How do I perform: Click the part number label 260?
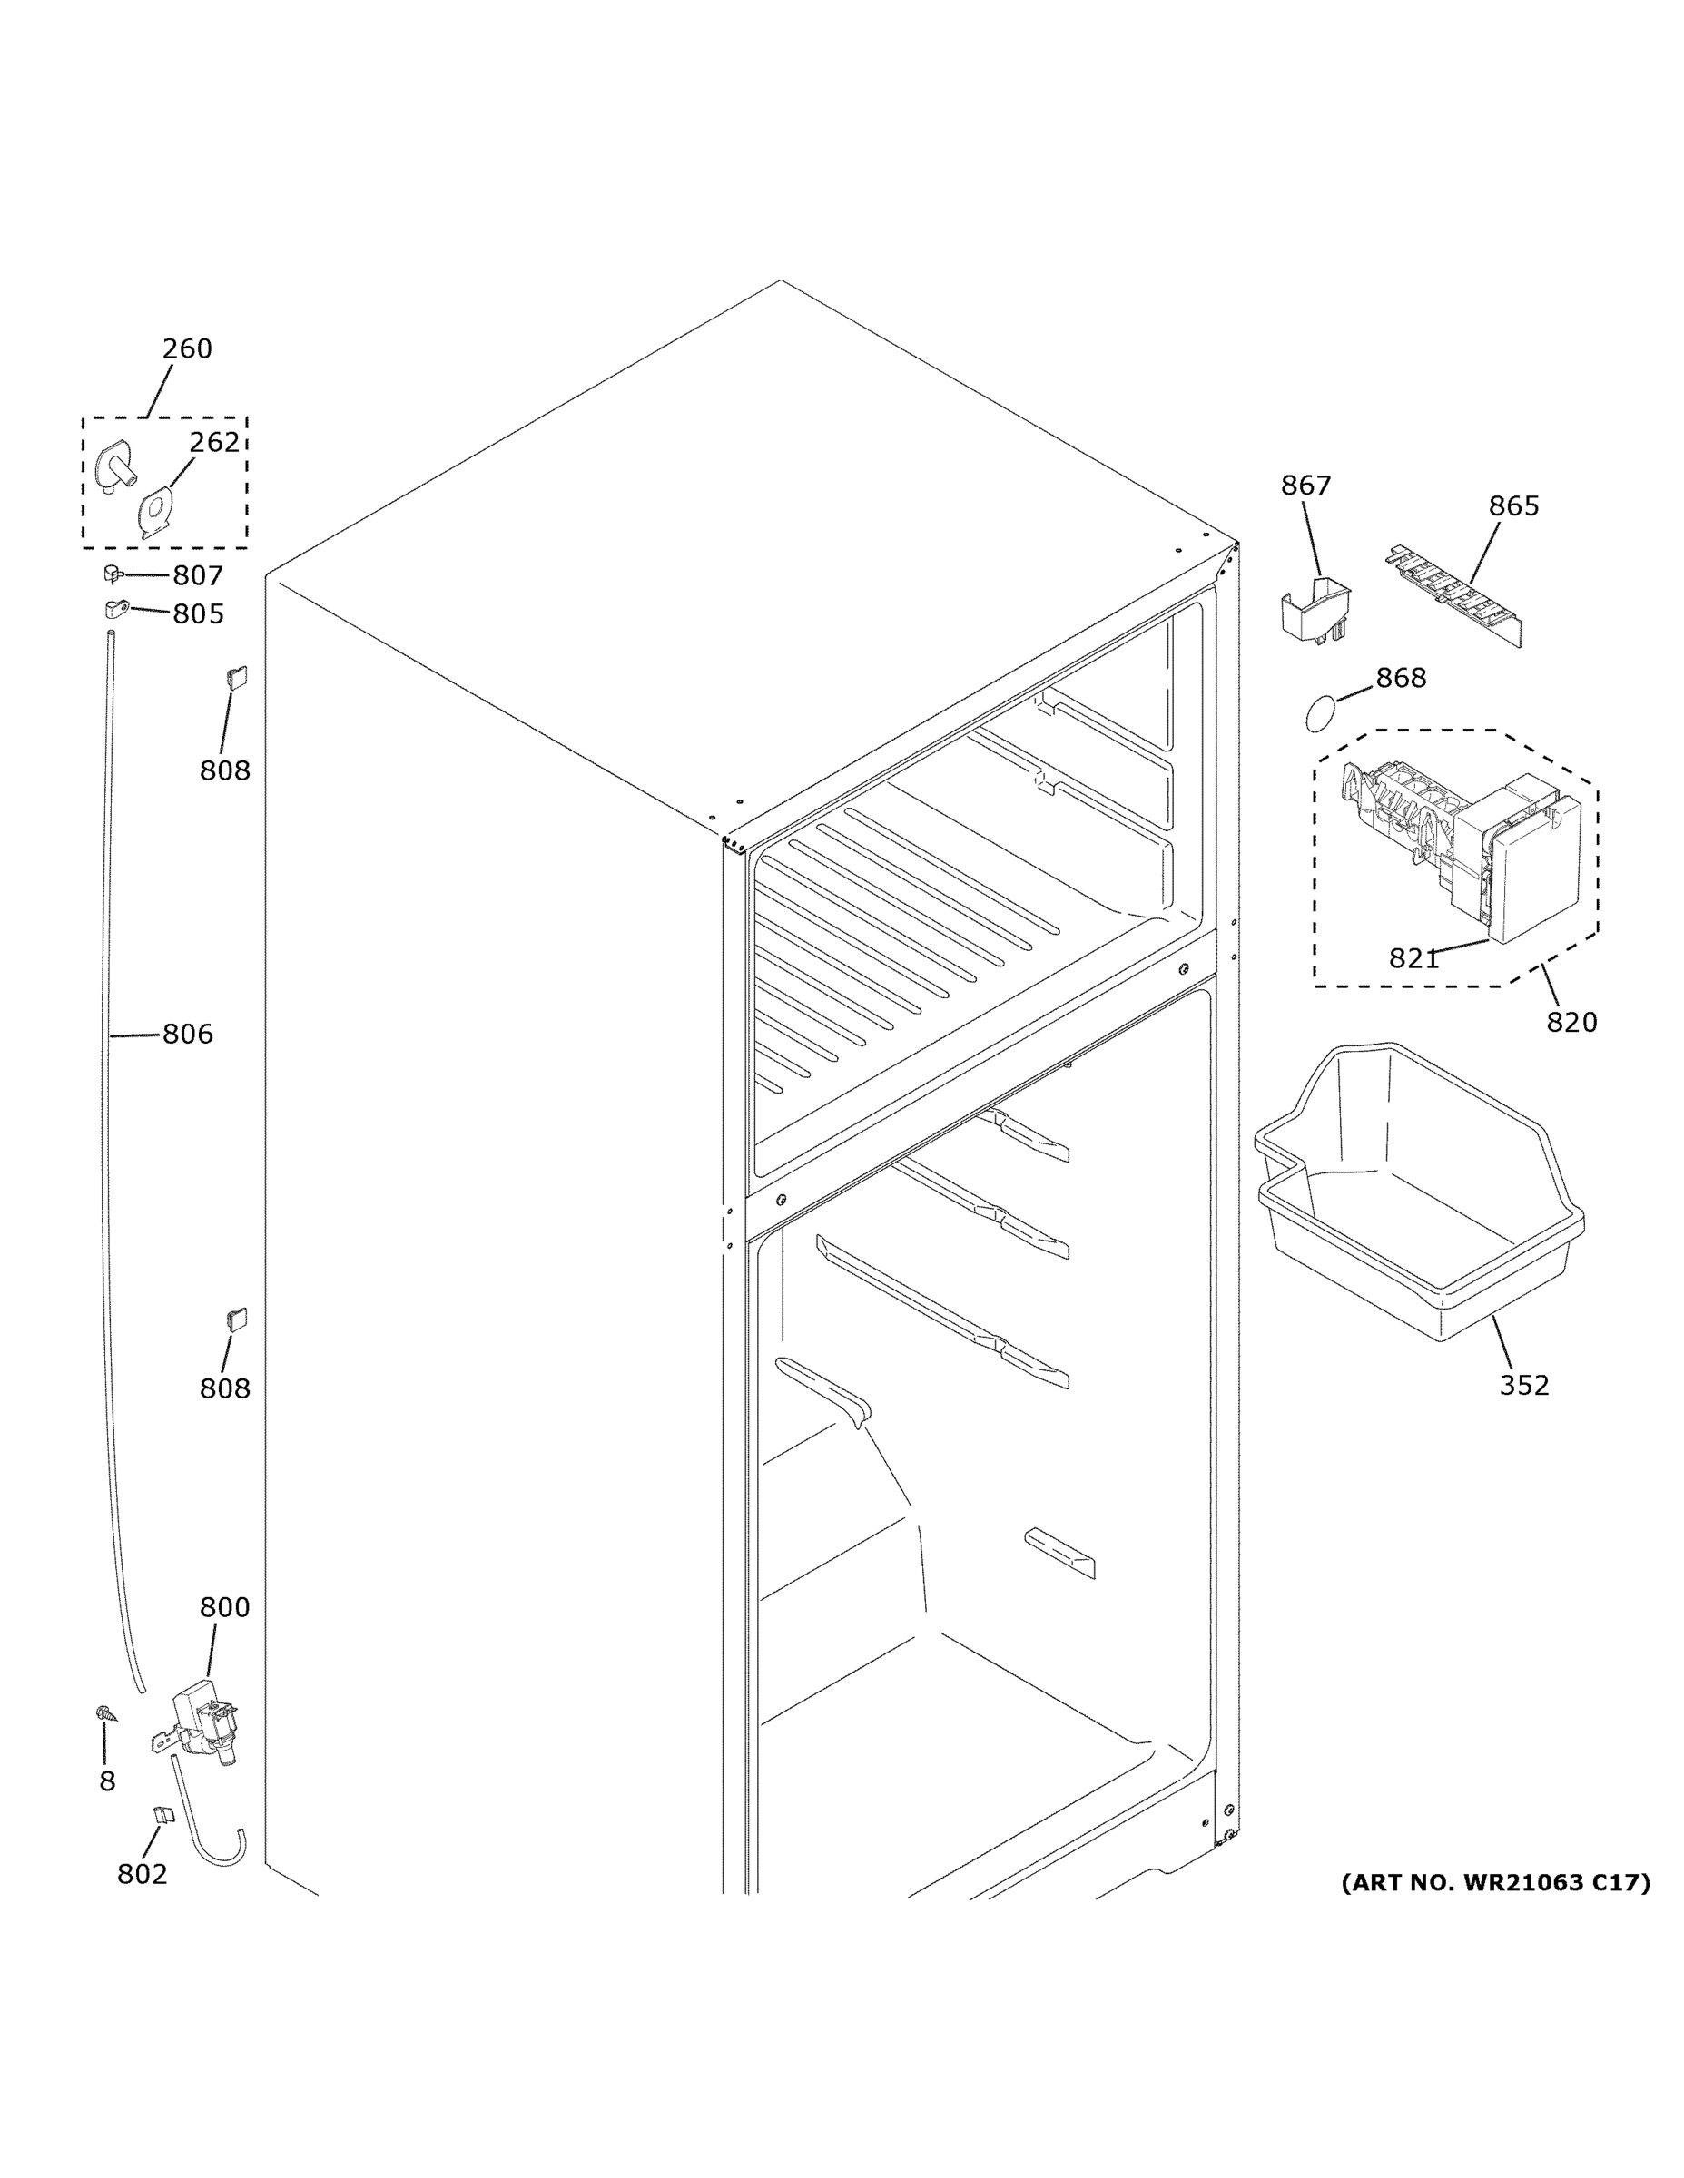(187, 349)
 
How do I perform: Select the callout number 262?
(214, 442)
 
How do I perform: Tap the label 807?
(198, 575)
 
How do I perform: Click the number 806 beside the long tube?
(188, 1035)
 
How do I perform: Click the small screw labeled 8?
(103, 1713)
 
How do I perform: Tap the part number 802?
(142, 1874)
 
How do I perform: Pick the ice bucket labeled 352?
(1416, 1197)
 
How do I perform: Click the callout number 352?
(1523, 1385)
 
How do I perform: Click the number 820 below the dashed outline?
(1571, 1022)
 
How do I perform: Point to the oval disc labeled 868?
(1319, 714)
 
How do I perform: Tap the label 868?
(1401, 678)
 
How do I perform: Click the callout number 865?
(1513, 506)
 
